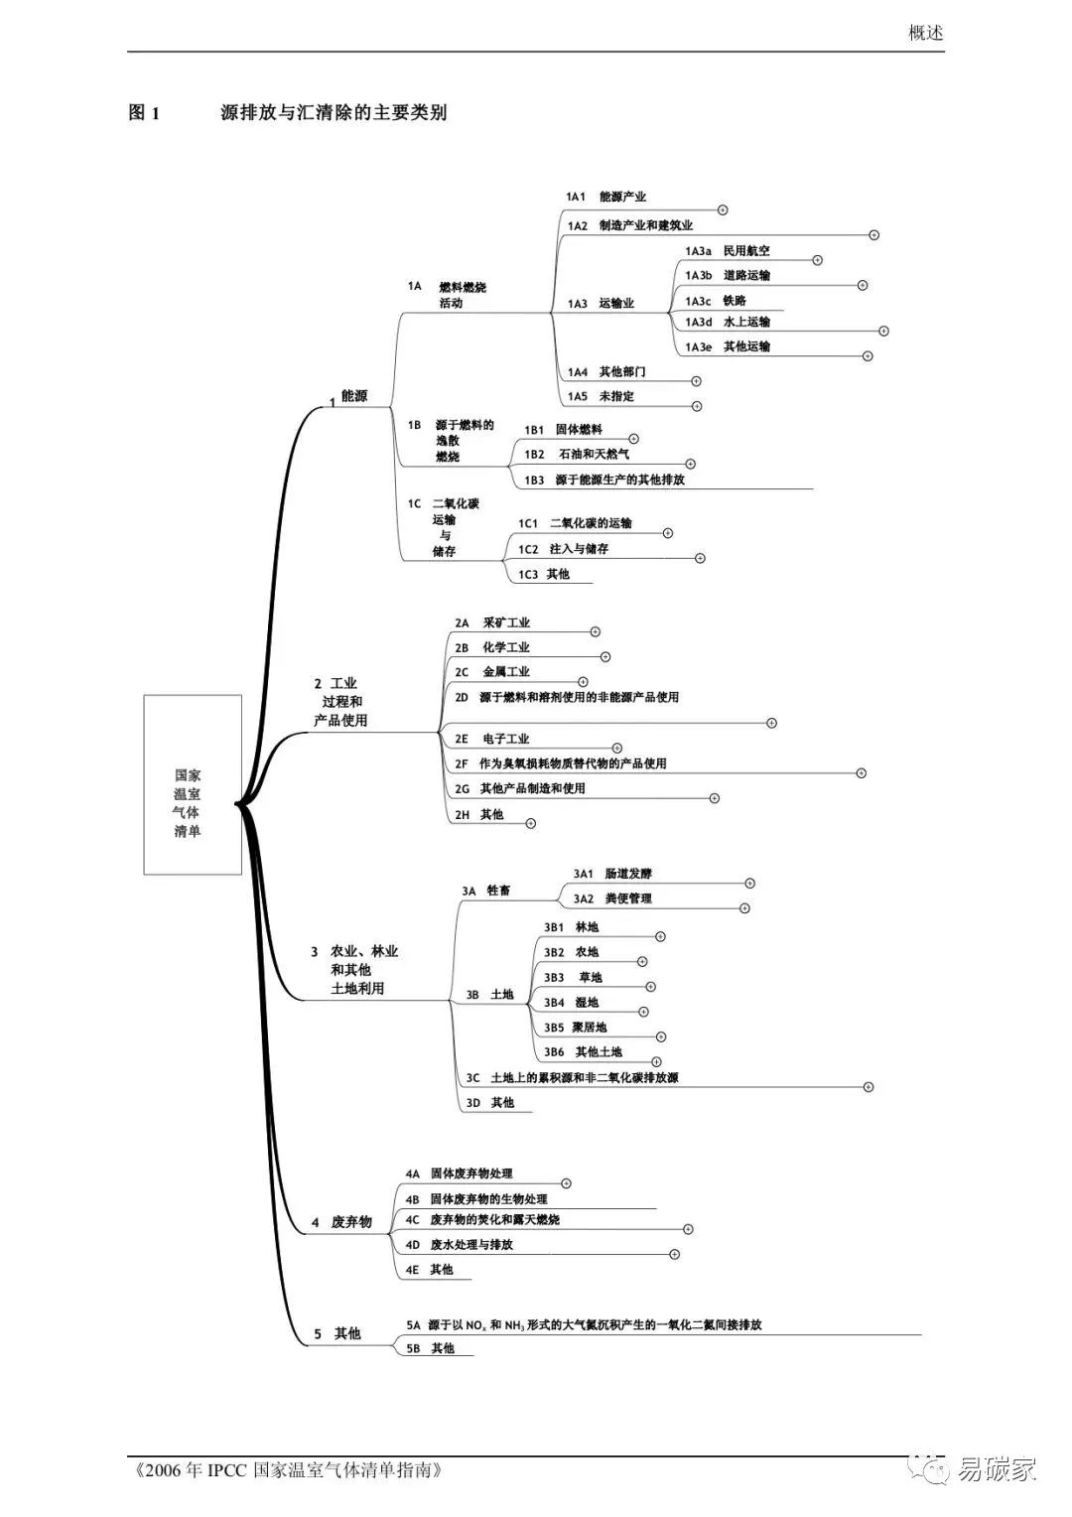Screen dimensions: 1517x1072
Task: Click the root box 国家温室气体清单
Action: [x=193, y=784]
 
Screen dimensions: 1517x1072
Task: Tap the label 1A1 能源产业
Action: [x=606, y=197]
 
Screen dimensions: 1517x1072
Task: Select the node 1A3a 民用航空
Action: [x=728, y=251]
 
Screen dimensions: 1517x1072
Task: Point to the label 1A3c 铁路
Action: [x=716, y=301]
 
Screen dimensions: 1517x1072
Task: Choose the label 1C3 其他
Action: [x=544, y=574]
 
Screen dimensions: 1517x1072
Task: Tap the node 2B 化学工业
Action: [x=492, y=647]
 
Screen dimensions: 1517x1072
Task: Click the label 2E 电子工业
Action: [x=492, y=739]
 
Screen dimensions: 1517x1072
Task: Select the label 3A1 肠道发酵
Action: [x=612, y=874]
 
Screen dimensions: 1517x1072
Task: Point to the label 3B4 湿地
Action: [x=571, y=1003]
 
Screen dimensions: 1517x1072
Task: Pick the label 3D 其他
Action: [x=490, y=1102]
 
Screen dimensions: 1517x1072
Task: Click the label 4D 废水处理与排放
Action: [x=460, y=1244]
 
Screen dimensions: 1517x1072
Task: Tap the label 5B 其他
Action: [x=431, y=1348]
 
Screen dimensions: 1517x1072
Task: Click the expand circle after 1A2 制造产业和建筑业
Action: [x=874, y=235]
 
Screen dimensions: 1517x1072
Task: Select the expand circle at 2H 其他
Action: [x=531, y=823]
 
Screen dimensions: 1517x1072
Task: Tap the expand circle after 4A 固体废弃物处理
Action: [x=567, y=1183]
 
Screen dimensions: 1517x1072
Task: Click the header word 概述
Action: [x=925, y=33]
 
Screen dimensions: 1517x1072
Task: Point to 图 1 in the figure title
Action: [x=144, y=112]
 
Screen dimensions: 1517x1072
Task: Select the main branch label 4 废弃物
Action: [x=341, y=1222]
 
